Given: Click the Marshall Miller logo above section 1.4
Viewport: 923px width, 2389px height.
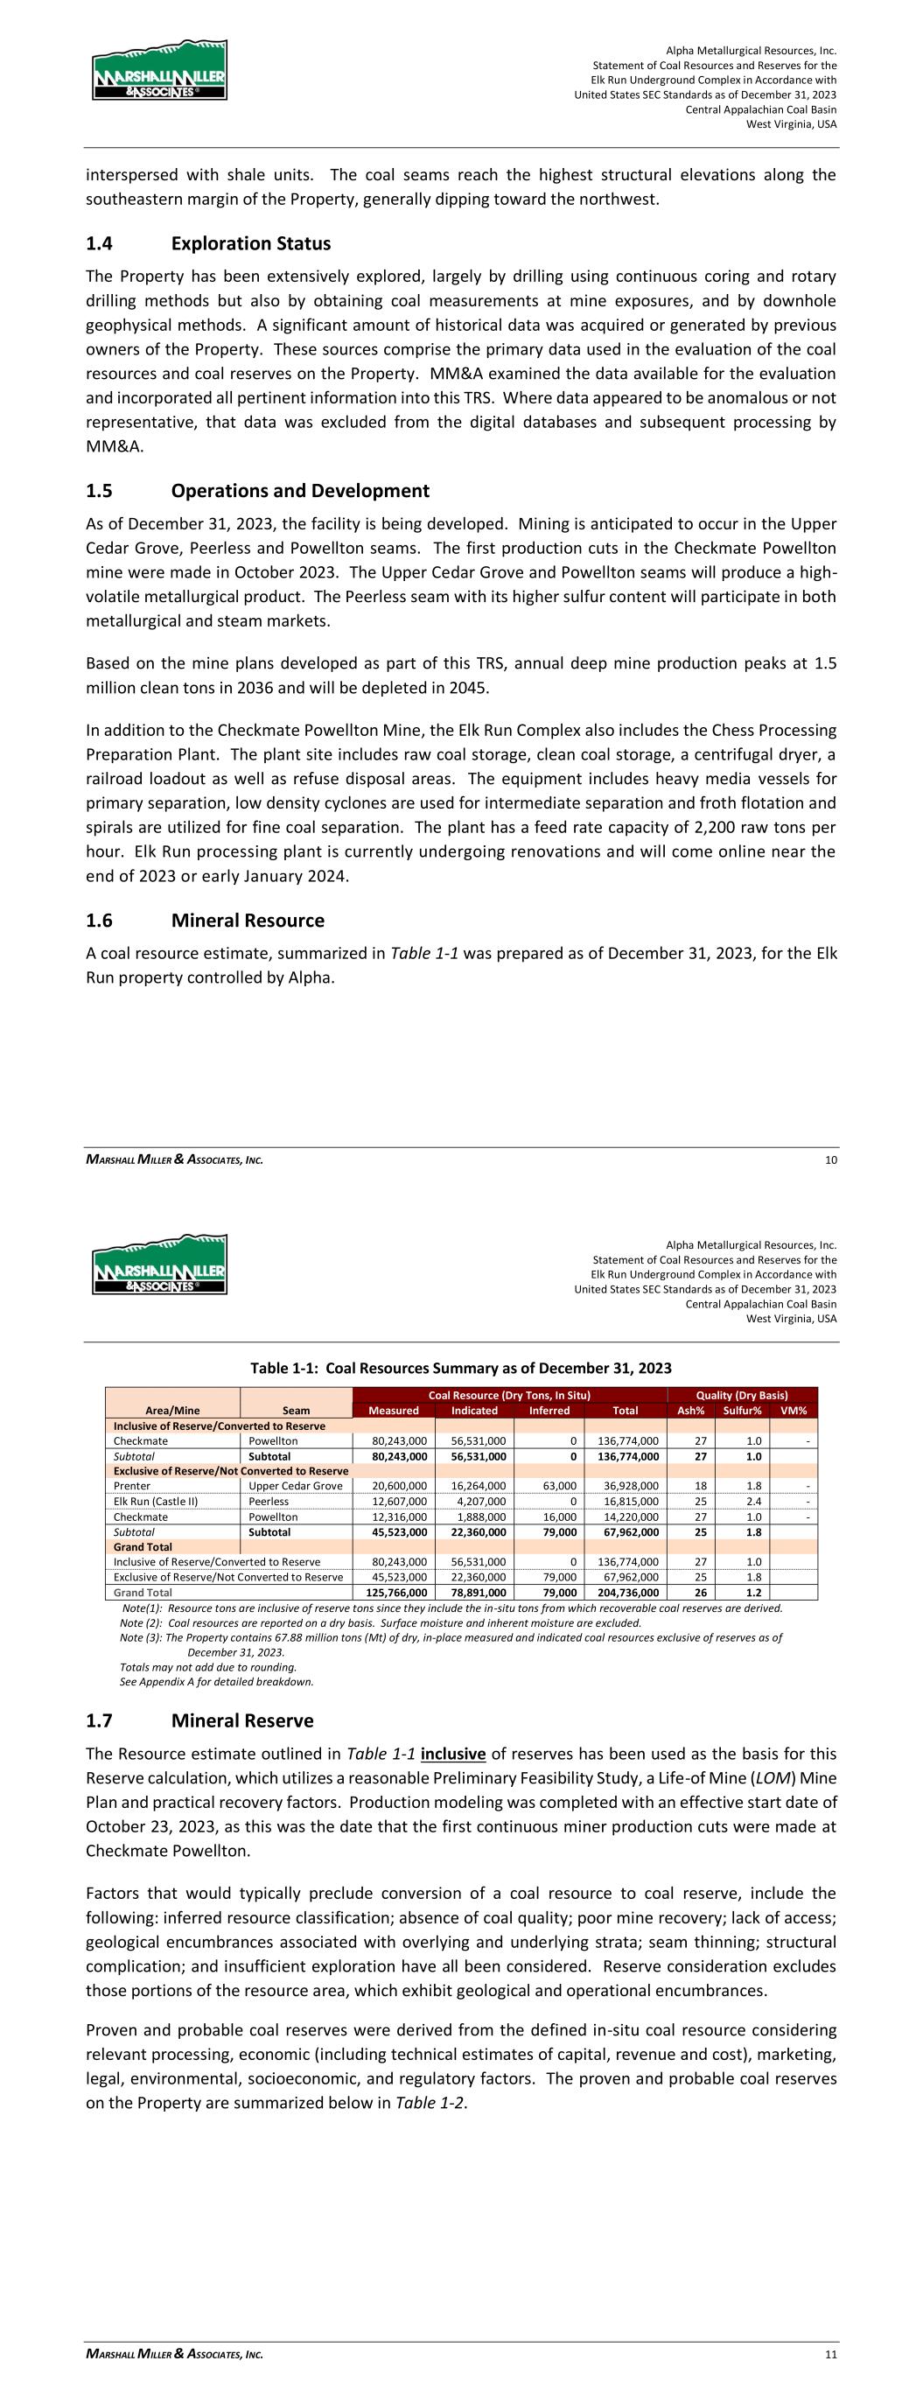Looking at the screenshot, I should [159, 71].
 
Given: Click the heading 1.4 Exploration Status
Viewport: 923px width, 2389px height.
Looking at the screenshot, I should [208, 244].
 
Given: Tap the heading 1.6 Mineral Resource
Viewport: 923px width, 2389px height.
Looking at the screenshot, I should [205, 920].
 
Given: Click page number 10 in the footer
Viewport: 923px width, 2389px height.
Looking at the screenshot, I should [831, 1160].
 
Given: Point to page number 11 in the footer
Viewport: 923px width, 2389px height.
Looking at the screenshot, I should [831, 2355].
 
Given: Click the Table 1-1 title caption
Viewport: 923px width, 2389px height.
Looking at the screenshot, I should [461, 1368].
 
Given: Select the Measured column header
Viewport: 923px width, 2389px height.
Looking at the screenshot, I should [394, 1411].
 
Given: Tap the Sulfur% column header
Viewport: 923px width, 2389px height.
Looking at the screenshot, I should [742, 1411].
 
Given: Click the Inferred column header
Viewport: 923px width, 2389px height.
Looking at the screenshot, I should [549, 1411].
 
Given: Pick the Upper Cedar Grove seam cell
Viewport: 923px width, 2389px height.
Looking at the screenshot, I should [295, 1486].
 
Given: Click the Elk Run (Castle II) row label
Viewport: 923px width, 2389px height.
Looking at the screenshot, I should [156, 1502].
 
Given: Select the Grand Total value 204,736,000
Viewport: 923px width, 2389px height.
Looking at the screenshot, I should [626, 1593].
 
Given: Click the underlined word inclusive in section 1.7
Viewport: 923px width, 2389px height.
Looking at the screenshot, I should [452, 1754].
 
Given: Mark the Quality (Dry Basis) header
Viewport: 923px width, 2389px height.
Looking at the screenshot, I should [742, 1395].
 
